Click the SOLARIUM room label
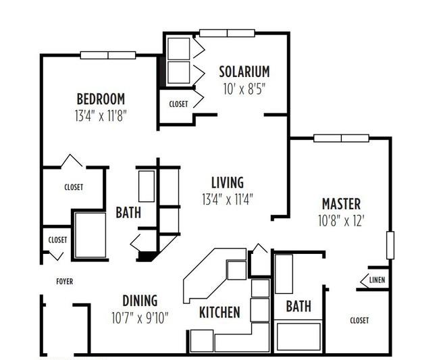tap(244, 72)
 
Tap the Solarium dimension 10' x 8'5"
tap(244, 89)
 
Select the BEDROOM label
tap(101, 99)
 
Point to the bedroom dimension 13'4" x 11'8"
tap(101, 115)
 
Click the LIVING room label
tap(228, 182)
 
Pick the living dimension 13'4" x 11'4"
tap(228, 199)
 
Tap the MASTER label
tap(341, 204)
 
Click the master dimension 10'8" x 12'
tap(341, 221)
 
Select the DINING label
tap(140, 301)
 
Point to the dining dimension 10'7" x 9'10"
tap(140, 317)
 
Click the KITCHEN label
tap(219, 312)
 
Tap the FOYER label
tap(65, 282)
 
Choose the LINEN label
tap(377, 280)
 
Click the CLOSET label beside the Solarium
tap(178, 104)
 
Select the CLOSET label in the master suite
tap(359, 320)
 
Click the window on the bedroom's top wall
tap(108, 55)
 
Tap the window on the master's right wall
tap(390, 245)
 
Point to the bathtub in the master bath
tap(299, 337)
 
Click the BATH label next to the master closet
tap(299, 306)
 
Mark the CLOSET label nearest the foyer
tap(57, 240)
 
